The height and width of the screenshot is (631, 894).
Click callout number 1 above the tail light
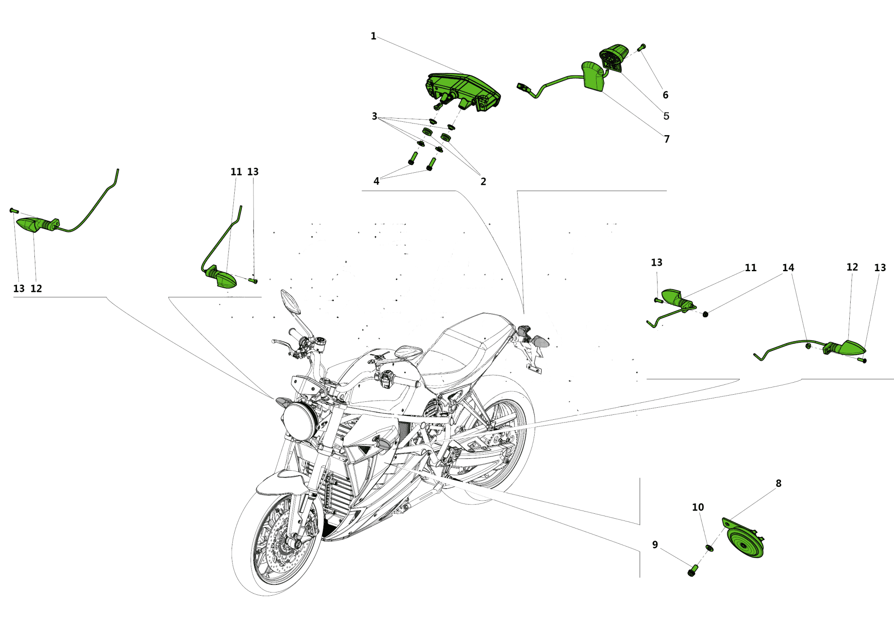tap(373, 36)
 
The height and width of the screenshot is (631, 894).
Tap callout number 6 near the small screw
tap(665, 95)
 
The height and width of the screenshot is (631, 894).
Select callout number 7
tap(666, 139)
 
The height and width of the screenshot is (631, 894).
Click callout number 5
tap(666, 116)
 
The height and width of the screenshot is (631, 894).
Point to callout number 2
tap(483, 182)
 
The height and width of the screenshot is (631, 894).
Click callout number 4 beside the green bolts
tap(376, 181)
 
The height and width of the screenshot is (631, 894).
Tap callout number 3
tap(375, 116)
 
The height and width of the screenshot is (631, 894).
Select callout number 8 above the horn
tap(778, 483)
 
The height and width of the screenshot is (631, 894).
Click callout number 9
tap(655, 545)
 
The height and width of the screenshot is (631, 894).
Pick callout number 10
tap(698, 507)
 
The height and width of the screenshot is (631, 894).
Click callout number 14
tap(788, 268)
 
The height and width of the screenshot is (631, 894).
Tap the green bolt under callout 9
tap(692, 571)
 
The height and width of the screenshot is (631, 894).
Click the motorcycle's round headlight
tap(299, 422)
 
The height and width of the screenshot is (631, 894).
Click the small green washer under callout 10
tap(709, 548)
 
